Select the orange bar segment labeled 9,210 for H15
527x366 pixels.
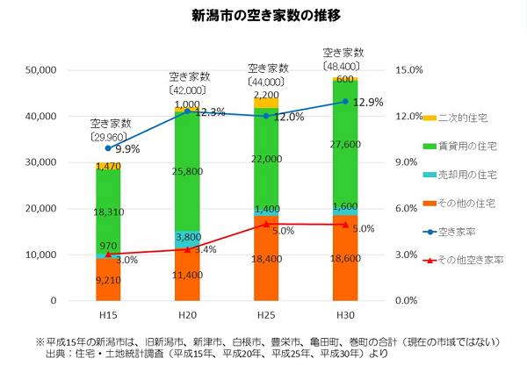(x=108, y=280)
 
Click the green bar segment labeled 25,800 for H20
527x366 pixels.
(x=187, y=172)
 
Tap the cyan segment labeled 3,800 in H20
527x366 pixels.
(x=187, y=238)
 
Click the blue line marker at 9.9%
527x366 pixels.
(x=108, y=148)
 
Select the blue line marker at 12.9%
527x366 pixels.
(x=345, y=102)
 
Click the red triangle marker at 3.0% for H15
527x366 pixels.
(x=108, y=255)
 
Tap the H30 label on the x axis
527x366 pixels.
(x=345, y=313)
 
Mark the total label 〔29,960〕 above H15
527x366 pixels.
(x=108, y=137)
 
